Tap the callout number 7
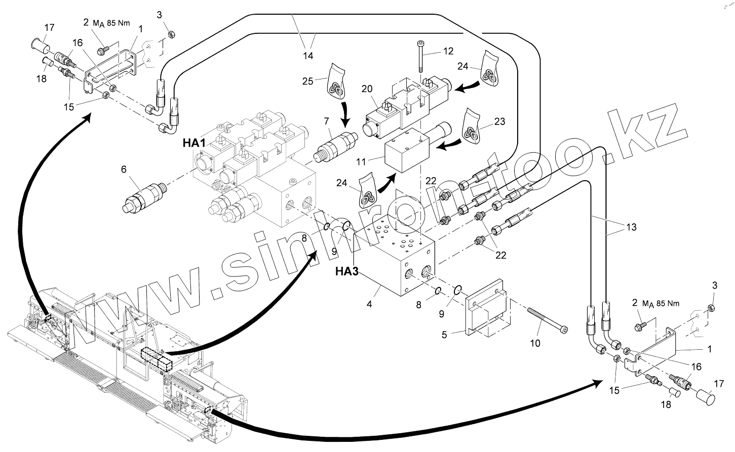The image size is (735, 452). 327,121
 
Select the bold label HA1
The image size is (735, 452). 194,143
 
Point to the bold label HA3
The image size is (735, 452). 346,272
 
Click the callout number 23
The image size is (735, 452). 499,121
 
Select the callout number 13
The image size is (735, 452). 631,227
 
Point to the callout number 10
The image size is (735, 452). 535,343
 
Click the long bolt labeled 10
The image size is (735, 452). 548,319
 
